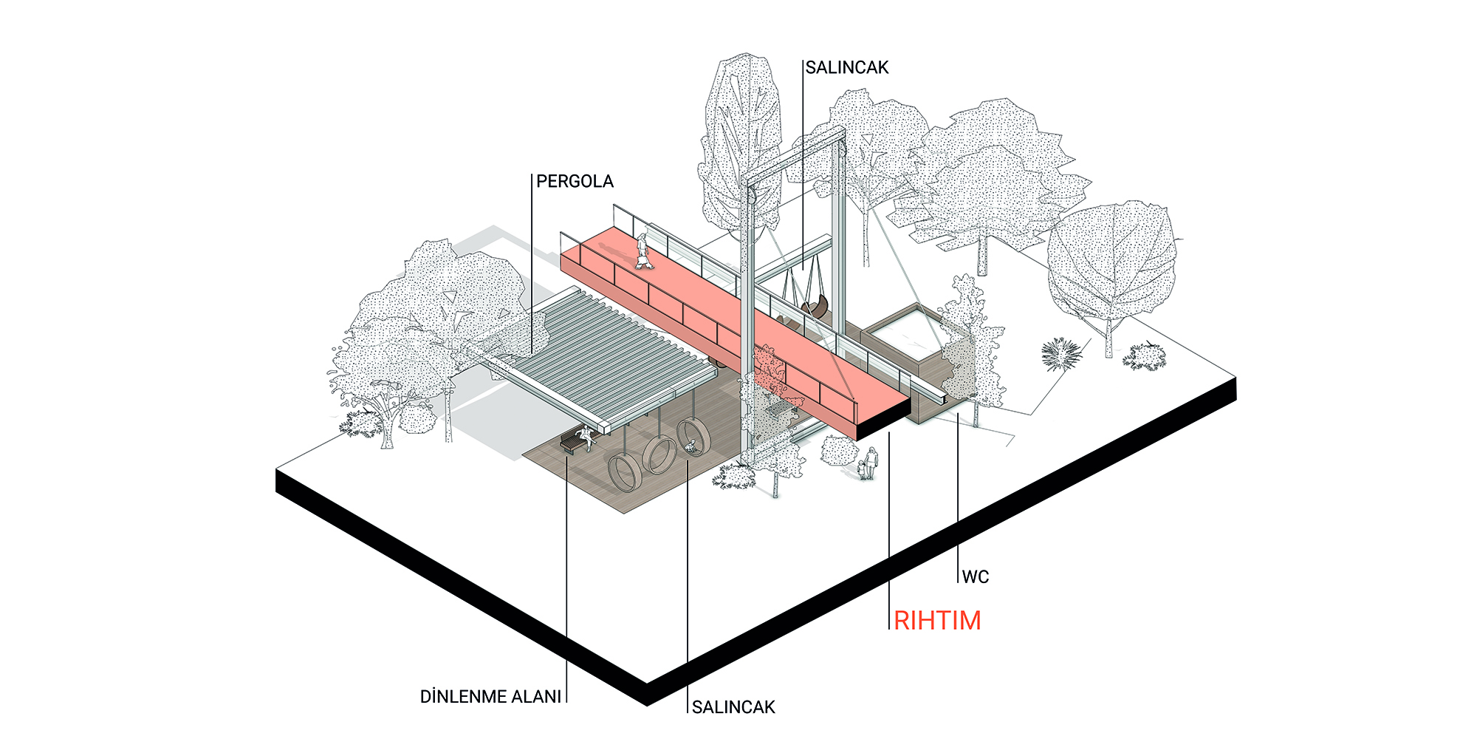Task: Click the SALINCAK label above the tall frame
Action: pyautogui.click(x=846, y=68)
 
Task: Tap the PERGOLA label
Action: pyautogui.click(x=575, y=182)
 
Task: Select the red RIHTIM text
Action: pyautogui.click(x=937, y=621)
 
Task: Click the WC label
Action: pyautogui.click(x=975, y=577)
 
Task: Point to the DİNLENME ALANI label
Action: pyautogui.click(x=490, y=697)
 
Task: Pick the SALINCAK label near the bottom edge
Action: pyautogui.click(x=733, y=707)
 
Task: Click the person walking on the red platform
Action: pyautogui.click(x=644, y=251)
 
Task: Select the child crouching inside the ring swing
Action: pyautogui.click(x=691, y=446)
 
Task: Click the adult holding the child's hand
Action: pyautogui.click(x=872, y=463)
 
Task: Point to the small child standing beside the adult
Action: pyautogui.click(x=862, y=470)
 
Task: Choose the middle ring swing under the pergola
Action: pyautogui.click(x=659, y=454)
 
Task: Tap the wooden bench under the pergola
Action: pyautogui.click(x=572, y=443)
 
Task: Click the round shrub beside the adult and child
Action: pyautogui.click(x=839, y=451)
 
